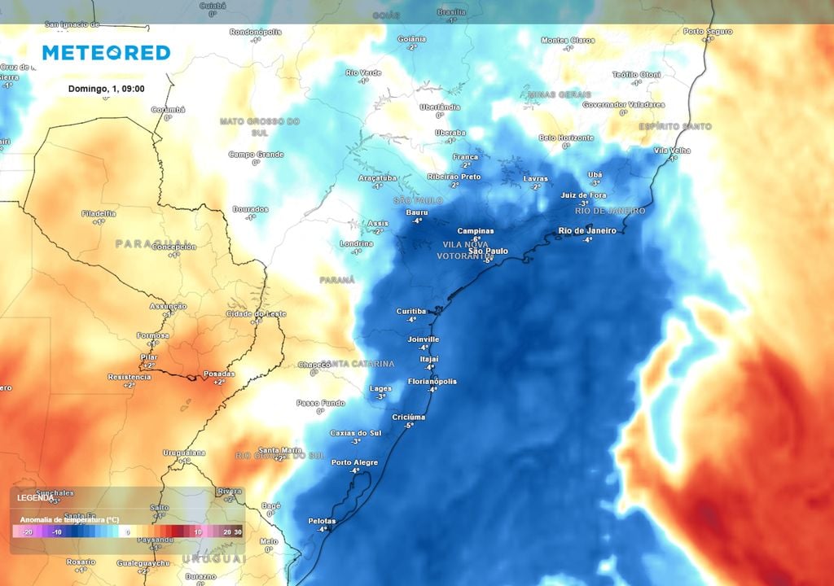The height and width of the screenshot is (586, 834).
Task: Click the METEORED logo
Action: click(x=106, y=53)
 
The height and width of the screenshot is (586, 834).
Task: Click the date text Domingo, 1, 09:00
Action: click(x=106, y=88)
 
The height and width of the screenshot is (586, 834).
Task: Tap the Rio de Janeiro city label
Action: click(x=587, y=230)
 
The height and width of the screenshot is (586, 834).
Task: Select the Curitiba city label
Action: click(x=411, y=311)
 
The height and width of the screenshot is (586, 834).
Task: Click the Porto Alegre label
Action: click(x=354, y=462)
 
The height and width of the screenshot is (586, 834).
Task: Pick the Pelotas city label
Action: click(x=323, y=520)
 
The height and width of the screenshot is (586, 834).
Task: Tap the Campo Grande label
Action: click(x=255, y=154)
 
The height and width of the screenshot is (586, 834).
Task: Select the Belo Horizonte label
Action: click(x=565, y=138)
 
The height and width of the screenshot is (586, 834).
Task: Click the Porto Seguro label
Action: click(x=708, y=32)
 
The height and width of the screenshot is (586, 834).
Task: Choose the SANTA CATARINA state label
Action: click(x=358, y=363)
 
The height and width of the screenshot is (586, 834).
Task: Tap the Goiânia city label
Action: click(x=412, y=39)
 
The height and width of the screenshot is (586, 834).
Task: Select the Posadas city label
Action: click(x=218, y=374)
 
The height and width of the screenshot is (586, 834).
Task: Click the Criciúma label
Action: click(x=409, y=417)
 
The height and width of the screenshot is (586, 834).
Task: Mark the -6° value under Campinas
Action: click(x=476, y=238)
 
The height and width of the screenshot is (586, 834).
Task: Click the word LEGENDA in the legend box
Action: click(x=36, y=496)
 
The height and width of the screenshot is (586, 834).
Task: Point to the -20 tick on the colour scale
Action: click(x=27, y=531)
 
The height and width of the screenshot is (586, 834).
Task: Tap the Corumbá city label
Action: click(x=168, y=109)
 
